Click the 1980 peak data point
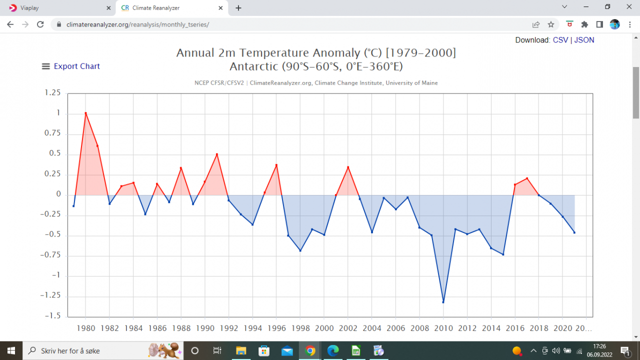pos(85,113)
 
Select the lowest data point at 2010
pos(443,302)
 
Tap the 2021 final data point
pos(574,232)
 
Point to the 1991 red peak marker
pos(216,154)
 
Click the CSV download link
pos(560,40)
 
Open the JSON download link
pos(584,40)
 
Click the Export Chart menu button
pos(71,66)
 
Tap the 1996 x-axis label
pos(276,328)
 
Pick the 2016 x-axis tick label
pos(515,328)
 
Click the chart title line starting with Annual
pos(316,53)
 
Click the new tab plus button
pos(238,8)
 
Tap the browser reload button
pos(40,24)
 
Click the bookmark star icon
pos(551,24)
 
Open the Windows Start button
pos(11,350)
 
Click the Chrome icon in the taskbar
pos(310,350)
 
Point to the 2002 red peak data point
pos(348,167)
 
